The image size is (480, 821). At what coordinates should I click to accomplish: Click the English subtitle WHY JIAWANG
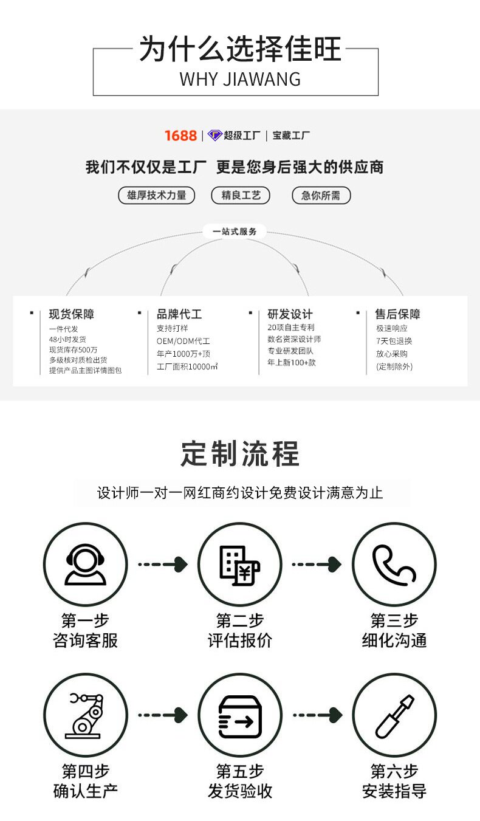(x=240, y=79)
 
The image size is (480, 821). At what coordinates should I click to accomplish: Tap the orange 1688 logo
(x=180, y=136)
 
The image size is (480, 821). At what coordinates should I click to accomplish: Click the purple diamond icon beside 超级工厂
(x=214, y=136)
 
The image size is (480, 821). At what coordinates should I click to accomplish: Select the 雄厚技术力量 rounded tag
(x=156, y=195)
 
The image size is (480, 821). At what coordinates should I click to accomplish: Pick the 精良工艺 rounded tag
(x=241, y=195)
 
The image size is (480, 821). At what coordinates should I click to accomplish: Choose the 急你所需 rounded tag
(x=321, y=195)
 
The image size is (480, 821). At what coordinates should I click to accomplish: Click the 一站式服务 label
(x=235, y=232)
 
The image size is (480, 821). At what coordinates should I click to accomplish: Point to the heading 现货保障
(x=72, y=314)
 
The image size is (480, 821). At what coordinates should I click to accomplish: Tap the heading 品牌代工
(x=179, y=314)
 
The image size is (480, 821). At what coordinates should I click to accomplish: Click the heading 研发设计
(x=290, y=314)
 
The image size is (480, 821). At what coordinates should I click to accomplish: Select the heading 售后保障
(x=398, y=314)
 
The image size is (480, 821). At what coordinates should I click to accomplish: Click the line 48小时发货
(x=67, y=339)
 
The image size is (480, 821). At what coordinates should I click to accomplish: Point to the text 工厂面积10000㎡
(x=187, y=366)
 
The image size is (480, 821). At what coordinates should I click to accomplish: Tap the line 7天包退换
(x=394, y=340)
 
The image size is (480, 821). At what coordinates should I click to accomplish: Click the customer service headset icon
(x=85, y=565)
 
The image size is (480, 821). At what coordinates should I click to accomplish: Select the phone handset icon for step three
(x=394, y=565)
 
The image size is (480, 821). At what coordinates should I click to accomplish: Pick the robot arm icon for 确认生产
(x=85, y=715)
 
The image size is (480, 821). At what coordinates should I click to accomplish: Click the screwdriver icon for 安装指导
(x=394, y=715)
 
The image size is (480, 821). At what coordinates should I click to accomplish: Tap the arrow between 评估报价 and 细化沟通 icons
(x=317, y=565)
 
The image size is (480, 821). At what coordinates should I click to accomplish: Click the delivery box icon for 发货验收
(x=240, y=716)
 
